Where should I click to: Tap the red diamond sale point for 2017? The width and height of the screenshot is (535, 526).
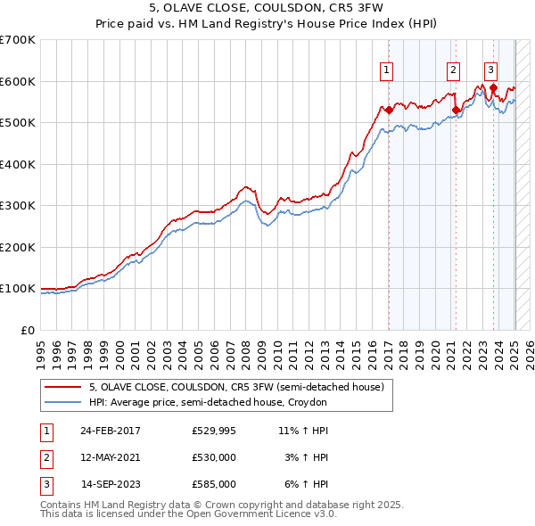[389, 111]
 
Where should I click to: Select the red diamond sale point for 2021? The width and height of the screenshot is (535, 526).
[456, 111]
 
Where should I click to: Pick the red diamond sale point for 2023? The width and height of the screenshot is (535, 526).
[493, 87]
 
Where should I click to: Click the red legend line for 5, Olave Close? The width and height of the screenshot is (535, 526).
[62, 388]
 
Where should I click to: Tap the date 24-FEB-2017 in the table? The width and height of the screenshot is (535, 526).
[110, 431]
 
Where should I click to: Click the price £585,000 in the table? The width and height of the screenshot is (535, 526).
[213, 484]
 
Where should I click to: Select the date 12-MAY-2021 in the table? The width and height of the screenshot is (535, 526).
[110, 457]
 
